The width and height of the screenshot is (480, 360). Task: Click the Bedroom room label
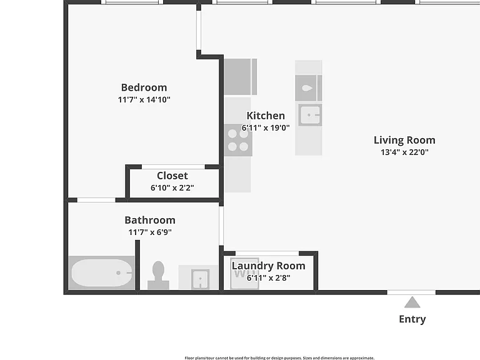tap(144, 87)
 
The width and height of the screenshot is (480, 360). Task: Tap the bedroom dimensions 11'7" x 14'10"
tap(144, 99)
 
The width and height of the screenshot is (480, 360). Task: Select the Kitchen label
tap(266, 116)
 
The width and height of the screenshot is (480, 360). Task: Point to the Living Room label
tap(404, 140)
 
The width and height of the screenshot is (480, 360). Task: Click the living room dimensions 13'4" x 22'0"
tap(404, 152)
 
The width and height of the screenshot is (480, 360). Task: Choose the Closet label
tap(172, 176)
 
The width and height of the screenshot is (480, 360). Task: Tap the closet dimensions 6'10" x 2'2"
tap(172, 187)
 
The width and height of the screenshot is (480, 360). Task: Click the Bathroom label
tap(150, 220)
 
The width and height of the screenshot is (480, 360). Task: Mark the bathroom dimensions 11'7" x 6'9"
tap(150, 232)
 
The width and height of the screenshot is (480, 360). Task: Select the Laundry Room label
tap(269, 266)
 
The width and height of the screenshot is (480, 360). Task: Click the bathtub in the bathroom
tap(102, 272)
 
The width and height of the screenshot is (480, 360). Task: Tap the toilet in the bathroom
tap(158, 275)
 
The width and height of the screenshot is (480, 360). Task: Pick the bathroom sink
tap(200, 279)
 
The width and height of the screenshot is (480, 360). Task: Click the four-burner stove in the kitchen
tap(238, 140)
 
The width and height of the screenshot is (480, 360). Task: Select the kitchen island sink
tap(310, 115)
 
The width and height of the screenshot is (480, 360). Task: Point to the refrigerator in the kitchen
tap(240, 77)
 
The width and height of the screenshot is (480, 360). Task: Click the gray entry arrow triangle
tap(412, 302)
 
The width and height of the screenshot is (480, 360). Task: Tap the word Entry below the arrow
tap(412, 319)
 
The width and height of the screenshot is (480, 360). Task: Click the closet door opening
tap(173, 167)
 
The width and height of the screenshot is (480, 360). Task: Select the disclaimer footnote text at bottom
tap(279, 358)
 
